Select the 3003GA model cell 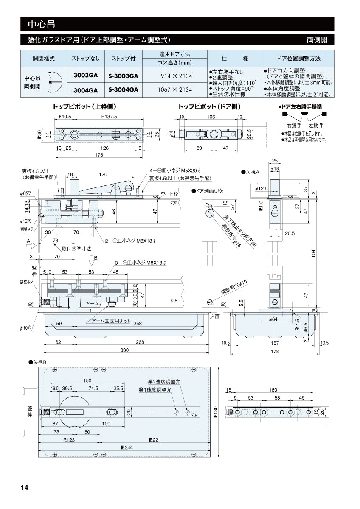[x=85, y=75]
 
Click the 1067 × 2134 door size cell [x=175, y=89]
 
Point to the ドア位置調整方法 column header [x=298, y=58]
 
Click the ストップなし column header [x=85, y=58]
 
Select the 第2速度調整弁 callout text [x=164, y=382]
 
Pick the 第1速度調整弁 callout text [x=155, y=389]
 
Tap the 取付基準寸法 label [x=76, y=249]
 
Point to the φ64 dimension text [x=273, y=319]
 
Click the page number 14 [x=24, y=488]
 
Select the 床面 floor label [x=215, y=316]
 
